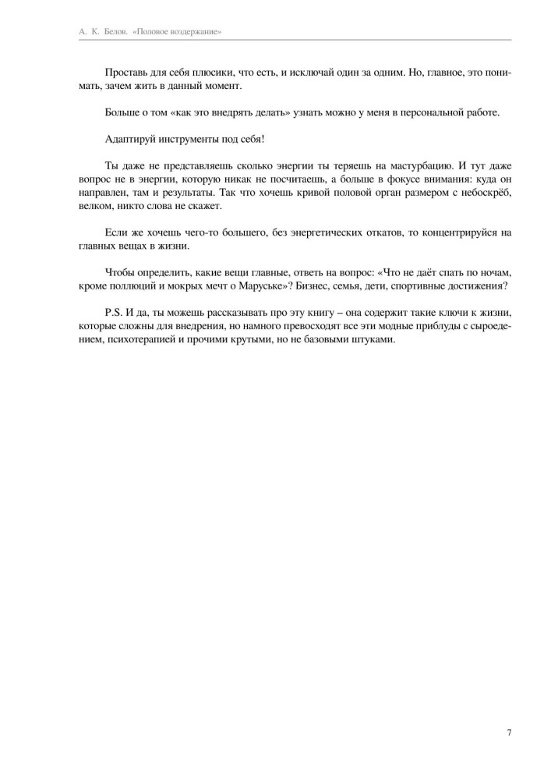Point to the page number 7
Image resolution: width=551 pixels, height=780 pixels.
[x=509, y=732]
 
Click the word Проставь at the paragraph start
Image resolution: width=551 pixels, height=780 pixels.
[x=124, y=72]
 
